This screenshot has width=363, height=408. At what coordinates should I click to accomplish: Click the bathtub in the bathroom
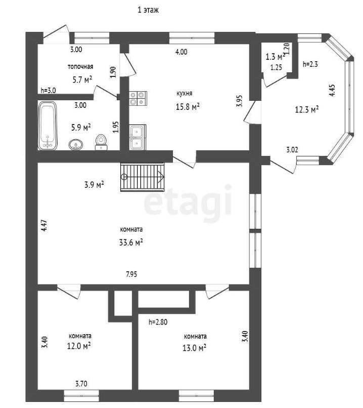tap(48, 126)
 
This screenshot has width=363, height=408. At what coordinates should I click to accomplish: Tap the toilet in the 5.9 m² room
tap(101, 142)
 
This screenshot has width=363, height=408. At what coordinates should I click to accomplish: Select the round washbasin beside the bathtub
tap(76, 144)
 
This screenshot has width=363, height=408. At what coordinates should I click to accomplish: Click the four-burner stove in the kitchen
tap(138, 98)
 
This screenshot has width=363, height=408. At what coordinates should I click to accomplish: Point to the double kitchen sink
tap(138, 137)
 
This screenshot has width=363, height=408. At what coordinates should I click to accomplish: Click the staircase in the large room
tap(143, 177)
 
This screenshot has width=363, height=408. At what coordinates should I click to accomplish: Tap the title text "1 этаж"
tap(148, 10)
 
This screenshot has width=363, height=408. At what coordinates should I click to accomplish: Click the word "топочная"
tap(80, 67)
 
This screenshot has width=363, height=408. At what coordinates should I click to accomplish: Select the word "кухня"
tap(184, 94)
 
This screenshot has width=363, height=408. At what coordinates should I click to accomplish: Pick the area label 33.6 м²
tap(131, 242)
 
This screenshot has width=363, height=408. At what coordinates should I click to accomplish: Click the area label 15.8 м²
tap(188, 106)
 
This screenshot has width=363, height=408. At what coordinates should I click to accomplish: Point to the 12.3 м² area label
tap(307, 109)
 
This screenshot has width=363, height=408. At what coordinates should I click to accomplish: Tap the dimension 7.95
tap(131, 274)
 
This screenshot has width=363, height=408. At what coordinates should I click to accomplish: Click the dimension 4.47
tap(44, 226)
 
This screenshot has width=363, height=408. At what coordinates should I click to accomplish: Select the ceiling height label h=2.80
tap(158, 322)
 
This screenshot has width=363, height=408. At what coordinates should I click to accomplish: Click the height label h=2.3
tap(310, 64)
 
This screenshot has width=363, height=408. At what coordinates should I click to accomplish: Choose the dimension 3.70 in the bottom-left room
tap(81, 384)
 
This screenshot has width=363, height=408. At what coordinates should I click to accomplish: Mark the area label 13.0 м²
tap(194, 348)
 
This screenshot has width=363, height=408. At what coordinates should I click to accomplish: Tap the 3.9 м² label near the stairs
tap(94, 185)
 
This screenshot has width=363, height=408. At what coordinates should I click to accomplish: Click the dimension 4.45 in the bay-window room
tap(332, 90)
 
